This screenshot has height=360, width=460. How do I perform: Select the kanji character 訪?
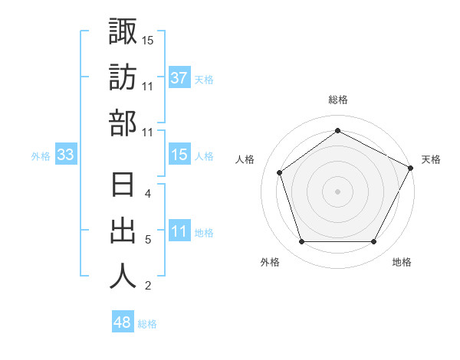pos(123,77)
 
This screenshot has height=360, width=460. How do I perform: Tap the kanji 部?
pos(123,123)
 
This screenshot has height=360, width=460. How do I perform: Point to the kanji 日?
pos(123,186)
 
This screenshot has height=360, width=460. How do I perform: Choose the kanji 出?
pos(123,231)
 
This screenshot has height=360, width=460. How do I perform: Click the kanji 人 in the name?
pos(123,277)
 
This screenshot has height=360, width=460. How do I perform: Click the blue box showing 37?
pos(179,78)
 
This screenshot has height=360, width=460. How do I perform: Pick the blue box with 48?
pos(122,322)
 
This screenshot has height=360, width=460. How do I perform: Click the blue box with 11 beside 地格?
pos(179,232)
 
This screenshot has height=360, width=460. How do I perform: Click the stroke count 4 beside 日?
pos(147,195)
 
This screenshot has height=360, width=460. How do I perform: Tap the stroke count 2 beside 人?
pos(147,286)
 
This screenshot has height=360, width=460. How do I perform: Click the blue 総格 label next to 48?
pos(147,324)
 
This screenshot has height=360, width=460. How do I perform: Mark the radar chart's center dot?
pos(337,190)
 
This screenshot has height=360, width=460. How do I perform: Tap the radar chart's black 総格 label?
pos(337,100)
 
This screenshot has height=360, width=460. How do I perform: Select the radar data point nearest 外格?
pos(301,242)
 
